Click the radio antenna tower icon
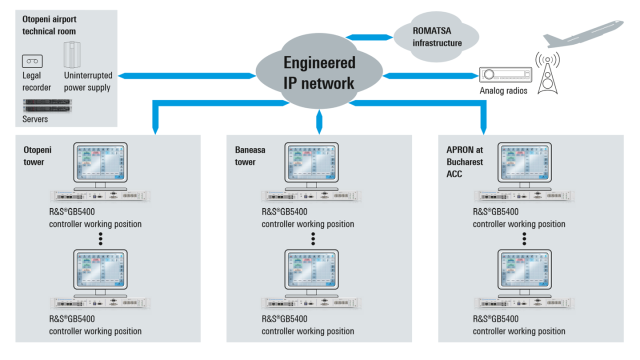point(547,74)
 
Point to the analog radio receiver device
point(502,74)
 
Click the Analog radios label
point(497,92)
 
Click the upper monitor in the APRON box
point(529,166)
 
